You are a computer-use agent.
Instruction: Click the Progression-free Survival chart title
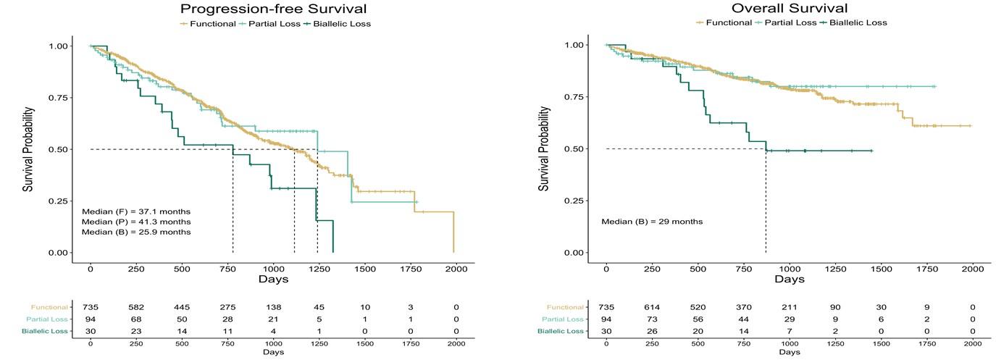(274, 9)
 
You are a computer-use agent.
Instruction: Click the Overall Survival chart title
(789, 9)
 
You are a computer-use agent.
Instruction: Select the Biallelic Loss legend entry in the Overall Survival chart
(857, 22)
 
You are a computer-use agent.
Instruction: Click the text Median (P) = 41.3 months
(136, 222)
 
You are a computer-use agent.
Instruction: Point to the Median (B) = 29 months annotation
(651, 221)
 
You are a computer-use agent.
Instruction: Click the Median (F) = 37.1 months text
(136, 211)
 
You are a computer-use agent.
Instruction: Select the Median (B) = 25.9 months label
(136, 233)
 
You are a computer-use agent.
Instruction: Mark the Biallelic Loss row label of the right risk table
(561, 331)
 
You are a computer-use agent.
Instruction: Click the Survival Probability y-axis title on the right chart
(544, 149)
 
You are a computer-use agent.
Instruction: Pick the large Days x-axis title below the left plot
(273, 280)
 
